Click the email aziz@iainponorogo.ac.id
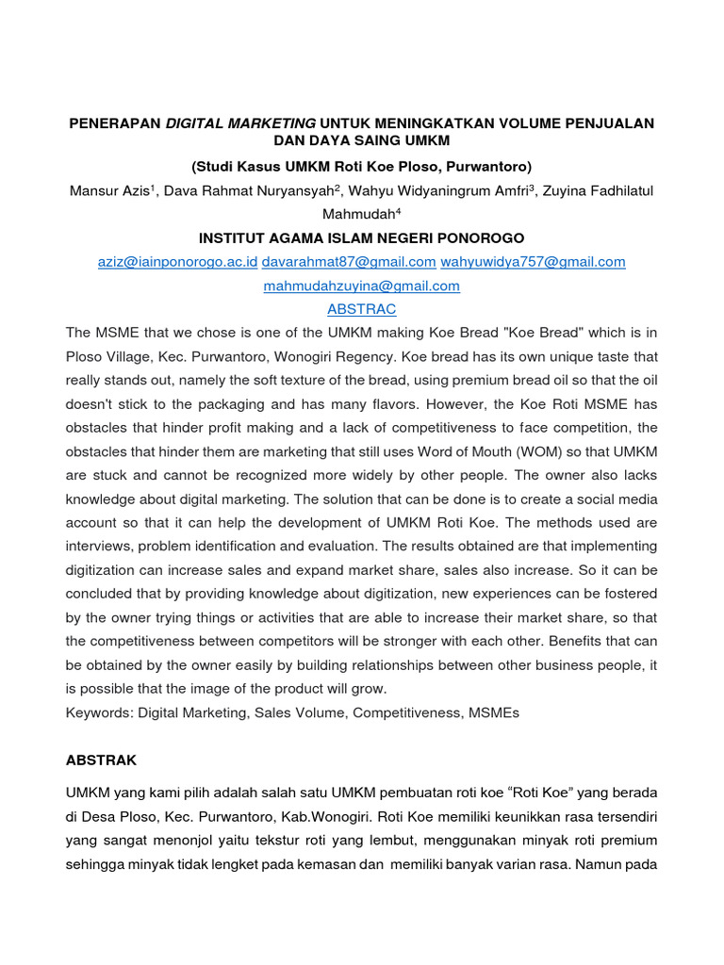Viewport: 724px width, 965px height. [x=177, y=262]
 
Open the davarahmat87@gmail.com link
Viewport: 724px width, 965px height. [x=349, y=262]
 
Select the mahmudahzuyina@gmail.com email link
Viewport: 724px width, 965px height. [x=362, y=286]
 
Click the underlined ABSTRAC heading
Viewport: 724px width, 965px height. [x=362, y=309]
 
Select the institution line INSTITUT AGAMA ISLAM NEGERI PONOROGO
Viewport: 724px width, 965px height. [x=362, y=237]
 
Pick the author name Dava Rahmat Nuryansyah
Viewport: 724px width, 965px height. [x=250, y=191]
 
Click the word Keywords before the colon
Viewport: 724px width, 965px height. [x=98, y=713]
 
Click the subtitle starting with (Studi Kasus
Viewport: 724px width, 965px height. [x=362, y=167]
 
